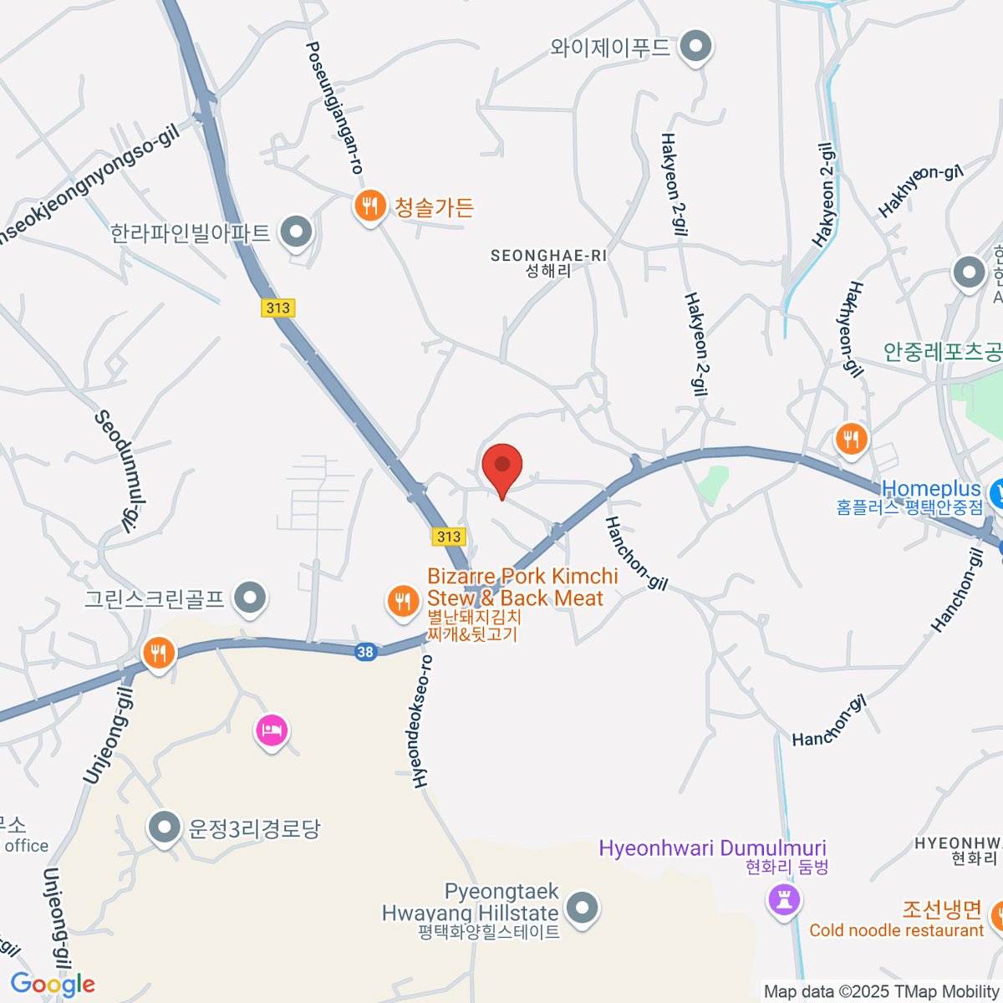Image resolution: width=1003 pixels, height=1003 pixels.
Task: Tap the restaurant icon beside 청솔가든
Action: [x=369, y=206]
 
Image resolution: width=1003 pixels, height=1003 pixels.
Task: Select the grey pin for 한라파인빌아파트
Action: [x=295, y=233]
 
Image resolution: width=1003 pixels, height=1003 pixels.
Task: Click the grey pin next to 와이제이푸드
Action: [x=695, y=47]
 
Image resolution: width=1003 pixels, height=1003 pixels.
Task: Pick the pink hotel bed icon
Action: [x=271, y=731]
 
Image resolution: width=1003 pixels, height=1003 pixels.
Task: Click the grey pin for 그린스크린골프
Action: [x=249, y=598]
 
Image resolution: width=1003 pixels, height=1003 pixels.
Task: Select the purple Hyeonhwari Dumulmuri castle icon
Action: [x=784, y=901]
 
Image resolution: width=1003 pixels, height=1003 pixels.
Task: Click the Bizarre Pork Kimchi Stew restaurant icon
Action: [x=404, y=600]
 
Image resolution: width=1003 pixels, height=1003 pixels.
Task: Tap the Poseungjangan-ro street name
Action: [x=334, y=109]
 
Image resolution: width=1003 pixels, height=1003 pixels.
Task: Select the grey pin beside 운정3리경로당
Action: [x=164, y=828]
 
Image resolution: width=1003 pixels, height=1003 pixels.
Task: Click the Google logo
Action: [x=53, y=984]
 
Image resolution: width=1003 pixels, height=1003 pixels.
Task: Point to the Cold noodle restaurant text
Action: [x=897, y=930]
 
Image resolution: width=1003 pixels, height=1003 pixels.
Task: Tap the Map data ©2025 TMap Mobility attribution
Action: [x=881, y=992]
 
